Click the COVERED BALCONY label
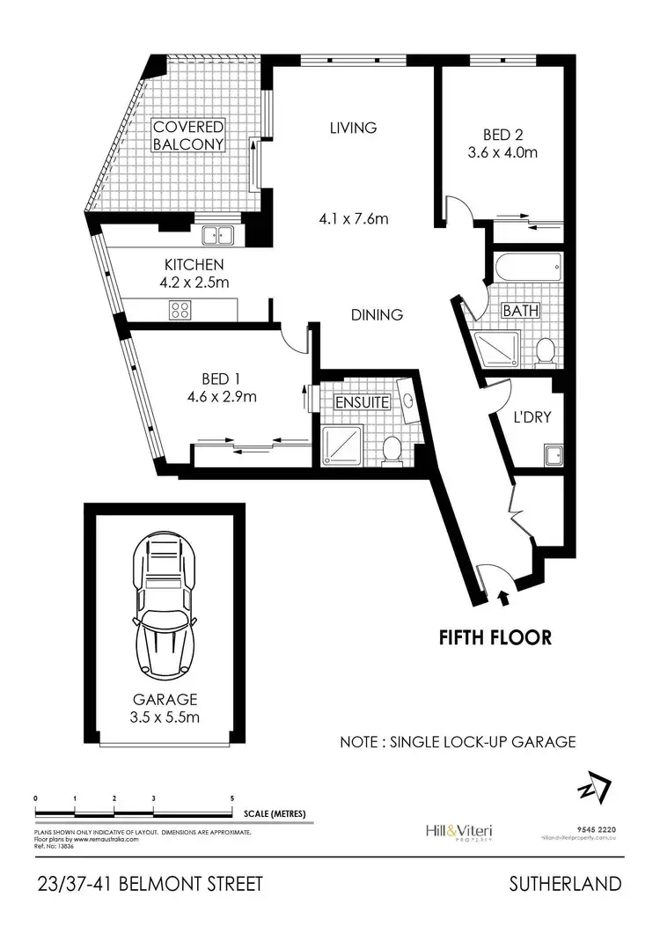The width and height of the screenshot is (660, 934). [x=188, y=135]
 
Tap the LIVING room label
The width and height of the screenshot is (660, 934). [x=353, y=128]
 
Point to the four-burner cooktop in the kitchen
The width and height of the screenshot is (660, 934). [x=181, y=309]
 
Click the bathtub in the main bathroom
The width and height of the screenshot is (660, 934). [x=527, y=268]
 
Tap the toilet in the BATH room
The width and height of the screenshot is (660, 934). [x=546, y=350]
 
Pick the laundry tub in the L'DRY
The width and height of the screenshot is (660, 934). [x=552, y=455]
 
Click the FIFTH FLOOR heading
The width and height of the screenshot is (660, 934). [x=495, y=637]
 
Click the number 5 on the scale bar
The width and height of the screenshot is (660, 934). [x=231, y=797]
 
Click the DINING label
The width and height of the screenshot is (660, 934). [x=378, y=314]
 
